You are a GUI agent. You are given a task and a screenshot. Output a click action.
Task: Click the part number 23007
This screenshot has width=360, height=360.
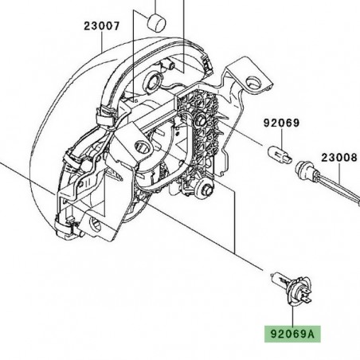(101, 25)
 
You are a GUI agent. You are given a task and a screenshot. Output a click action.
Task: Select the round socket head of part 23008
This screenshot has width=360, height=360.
(304, 170)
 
